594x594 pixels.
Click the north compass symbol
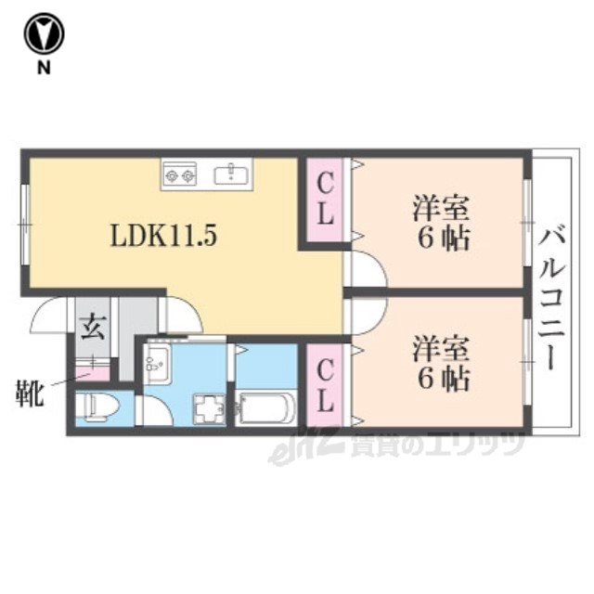(44, 33)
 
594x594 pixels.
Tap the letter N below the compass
(44, 68)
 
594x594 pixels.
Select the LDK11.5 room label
(163, 235)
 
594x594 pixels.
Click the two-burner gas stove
(180, 174)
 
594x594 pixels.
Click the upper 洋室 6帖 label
(442, 222)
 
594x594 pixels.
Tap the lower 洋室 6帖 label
(442, 363)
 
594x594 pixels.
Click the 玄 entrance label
(93, 327)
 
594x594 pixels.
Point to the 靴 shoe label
(30, 394)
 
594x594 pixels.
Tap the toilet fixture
(97, 407)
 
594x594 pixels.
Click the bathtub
(265, 409)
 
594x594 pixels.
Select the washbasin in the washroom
(158, 359)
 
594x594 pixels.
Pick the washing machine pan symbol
(210, 408)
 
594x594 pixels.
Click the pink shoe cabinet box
(93, 374)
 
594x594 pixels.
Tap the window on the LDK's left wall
(25, 225)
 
